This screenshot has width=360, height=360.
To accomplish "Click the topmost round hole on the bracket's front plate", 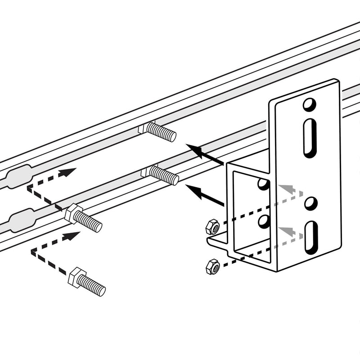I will [x=309, y=104].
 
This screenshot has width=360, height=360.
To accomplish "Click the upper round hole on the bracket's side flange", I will [x=264, y=184].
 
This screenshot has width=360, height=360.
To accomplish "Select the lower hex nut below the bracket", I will [x=212, y=268].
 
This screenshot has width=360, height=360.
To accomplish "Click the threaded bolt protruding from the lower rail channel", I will [x=163, y=175].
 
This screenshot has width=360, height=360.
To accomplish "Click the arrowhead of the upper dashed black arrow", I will [x=68, y=172].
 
